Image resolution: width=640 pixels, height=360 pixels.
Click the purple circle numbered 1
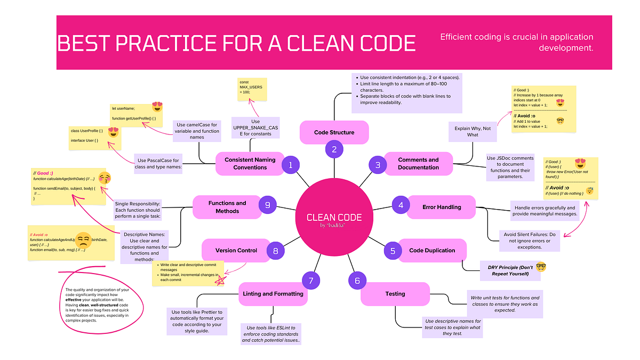(x=291, y=165)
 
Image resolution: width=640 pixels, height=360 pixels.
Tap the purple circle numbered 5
(x=393, y=250)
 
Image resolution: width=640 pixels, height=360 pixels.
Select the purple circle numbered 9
(x=268, y=204)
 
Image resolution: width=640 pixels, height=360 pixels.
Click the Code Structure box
(x=334, y=132)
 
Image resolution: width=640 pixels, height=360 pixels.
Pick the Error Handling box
(x=441, y=206)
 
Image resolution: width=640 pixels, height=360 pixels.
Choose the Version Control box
(x=236, y=250)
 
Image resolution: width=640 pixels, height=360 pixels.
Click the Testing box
(x=395, y=293)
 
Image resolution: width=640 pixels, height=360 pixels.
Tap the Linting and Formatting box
(x=273, y=293)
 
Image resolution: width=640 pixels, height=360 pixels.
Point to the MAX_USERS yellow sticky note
(x=252, y=89)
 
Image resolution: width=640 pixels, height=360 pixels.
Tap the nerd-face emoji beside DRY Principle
(x=541, y=267)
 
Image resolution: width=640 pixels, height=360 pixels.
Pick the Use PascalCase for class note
(x=158, y=164)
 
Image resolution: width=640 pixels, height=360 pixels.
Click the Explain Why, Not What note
(x=472, y=131)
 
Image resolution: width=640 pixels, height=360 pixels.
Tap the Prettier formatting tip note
(x=197, y=321)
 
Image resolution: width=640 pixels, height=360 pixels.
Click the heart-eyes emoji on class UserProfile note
(x=113, y=132)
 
